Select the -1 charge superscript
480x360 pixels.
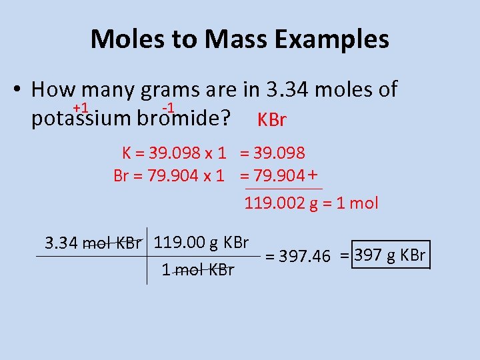click(x=169, y=108)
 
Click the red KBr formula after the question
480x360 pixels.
click(x=271, y=121)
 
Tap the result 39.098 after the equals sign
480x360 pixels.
click(x=279, y=153)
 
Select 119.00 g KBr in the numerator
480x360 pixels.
click(x=201, y=242)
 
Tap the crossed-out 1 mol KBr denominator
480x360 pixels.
click(x=198, y=271)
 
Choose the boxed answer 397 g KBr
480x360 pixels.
click(x=391, y=255)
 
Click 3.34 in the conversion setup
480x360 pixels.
click(x=61, y=243)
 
